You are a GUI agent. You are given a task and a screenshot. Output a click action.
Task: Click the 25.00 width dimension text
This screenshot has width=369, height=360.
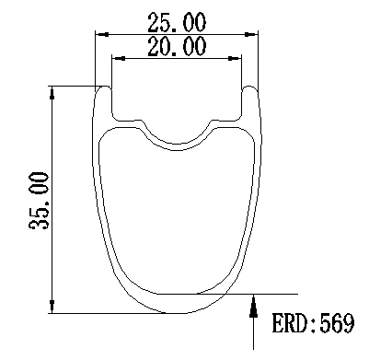coord(177,22)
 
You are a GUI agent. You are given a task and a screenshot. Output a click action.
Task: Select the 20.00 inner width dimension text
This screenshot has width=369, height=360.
coord(177,46)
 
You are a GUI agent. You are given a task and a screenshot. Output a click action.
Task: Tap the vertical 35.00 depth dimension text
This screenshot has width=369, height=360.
coord(39,201)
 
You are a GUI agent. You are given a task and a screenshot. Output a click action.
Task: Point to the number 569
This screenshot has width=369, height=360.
coord(337,323)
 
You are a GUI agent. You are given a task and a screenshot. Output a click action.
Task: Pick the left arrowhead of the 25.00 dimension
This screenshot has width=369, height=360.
coord(102,34)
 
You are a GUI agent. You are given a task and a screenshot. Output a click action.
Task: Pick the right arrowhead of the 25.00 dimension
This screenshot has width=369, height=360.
coord(251,34)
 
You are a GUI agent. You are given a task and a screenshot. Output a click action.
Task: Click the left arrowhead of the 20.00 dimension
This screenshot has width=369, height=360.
coord(119,58)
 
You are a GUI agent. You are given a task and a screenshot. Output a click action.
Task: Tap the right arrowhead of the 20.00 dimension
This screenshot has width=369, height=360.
coord(235,58)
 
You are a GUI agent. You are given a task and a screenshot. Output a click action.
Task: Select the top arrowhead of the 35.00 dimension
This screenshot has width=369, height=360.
coord(52,93)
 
